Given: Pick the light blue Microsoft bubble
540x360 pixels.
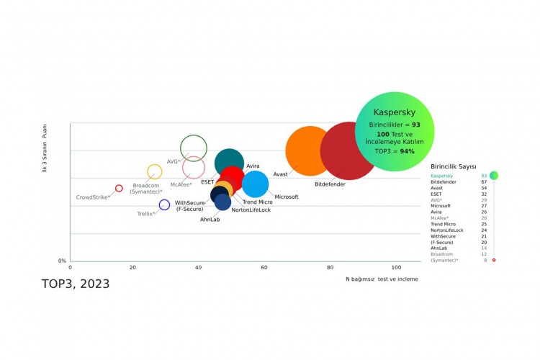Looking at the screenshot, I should coord(256,184).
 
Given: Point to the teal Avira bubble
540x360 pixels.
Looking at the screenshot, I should coord(229,163).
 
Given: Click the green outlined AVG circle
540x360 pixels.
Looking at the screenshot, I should coord(194,148).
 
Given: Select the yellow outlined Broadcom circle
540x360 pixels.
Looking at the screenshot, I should coord(154,171).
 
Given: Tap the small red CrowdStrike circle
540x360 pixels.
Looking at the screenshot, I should coord(120,188).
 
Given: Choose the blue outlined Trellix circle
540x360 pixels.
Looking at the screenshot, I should coord(164,205).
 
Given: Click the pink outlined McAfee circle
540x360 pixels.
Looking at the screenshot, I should coord(193,168).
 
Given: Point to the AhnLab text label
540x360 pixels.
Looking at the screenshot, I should coord(210,220).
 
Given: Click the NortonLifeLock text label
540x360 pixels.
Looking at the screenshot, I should coord(251,210).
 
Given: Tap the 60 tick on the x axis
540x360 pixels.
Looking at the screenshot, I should coord(265,267).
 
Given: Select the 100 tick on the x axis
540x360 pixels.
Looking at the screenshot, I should coord(395,267).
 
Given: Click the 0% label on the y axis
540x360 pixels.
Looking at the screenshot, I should coord(63,261).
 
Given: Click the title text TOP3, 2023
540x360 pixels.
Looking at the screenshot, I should coord(76,284).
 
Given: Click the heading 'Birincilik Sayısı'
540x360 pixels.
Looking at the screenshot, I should coord(454,167).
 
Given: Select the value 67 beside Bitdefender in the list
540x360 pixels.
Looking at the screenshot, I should coord(484,182).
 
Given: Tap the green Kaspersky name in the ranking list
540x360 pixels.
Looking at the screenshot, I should coord(442,176).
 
